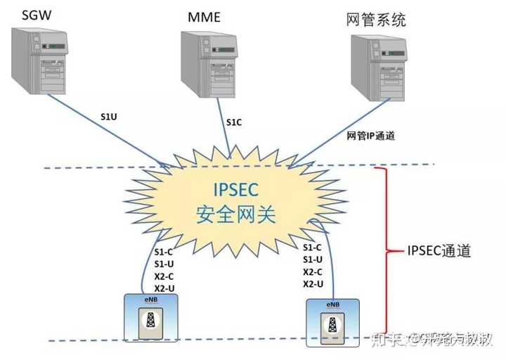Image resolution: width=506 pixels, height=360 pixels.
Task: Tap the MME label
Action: click(203, 16)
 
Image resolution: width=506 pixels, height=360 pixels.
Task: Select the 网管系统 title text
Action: click(377, 19)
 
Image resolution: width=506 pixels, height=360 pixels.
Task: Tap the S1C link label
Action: click(234, 122)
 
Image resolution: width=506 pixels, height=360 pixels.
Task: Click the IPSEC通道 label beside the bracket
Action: click(439, 251)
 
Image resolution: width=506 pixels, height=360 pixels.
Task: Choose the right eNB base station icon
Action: click(333, 322)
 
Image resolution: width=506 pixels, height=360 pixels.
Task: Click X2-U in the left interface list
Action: click(165, 288)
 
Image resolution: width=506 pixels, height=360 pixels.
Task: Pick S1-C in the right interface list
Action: click(313, 247)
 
